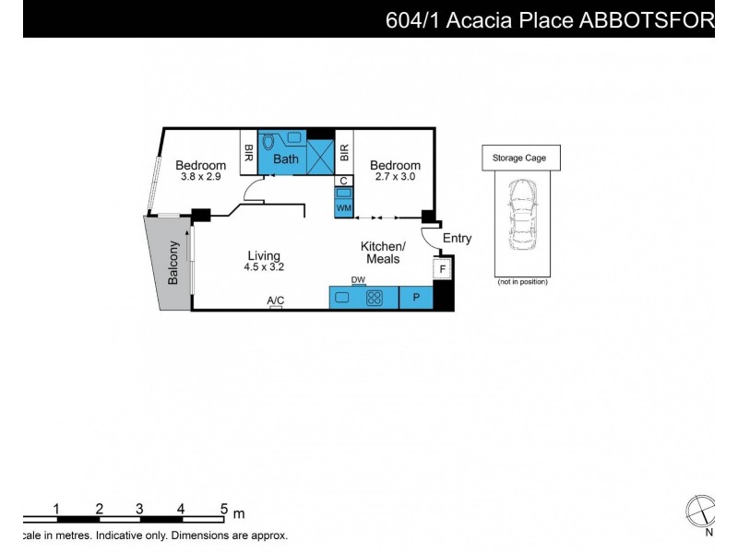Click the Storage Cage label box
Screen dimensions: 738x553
pos(521,158)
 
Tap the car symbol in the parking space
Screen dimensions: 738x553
pos(522,216)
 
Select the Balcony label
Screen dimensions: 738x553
pos(173,263)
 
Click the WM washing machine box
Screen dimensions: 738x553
pos(343,208)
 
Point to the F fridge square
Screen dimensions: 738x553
pos(442,269)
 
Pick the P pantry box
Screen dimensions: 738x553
pos(416,298)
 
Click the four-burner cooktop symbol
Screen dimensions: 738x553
pos(375,298)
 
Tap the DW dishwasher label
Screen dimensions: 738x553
pos(358,280)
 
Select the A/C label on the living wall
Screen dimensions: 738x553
pos(276,300)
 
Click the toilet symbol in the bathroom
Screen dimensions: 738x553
pos(268,142)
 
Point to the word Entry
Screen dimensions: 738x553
pos(457,239)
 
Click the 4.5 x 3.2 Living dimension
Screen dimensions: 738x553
pos(264,267)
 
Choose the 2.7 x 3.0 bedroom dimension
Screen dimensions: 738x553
pos(395,177)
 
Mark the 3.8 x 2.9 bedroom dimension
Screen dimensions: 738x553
pos(200,177)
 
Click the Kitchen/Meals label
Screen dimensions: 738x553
pos(383,253)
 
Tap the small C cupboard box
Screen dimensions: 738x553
pos(343,181)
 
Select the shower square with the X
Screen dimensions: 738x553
pos(320,158)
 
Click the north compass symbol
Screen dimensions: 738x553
pos(701,512)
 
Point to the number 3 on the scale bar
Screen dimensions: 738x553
pos(139,509)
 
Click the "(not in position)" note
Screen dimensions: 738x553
pos(522,282)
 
